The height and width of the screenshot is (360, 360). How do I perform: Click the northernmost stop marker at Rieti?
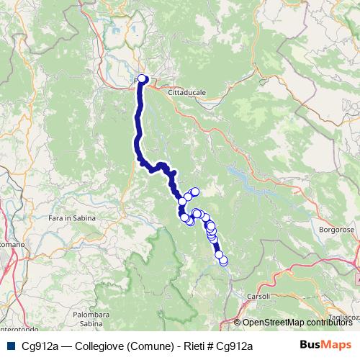coord(142,79)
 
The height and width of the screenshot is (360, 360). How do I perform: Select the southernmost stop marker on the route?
coord(223,261)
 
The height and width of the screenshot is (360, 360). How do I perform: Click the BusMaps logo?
coord(325,346)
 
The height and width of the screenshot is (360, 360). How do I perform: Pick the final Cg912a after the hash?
coord(234,346)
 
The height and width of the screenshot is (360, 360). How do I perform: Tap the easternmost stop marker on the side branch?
coord(194,191)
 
